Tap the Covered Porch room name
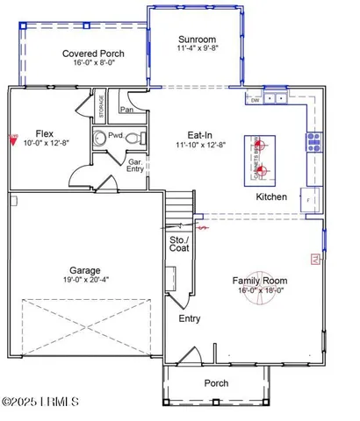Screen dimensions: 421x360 pyautogui.click(x=92, y=54)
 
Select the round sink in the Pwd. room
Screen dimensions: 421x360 pyautogui.click(x=101, y=137)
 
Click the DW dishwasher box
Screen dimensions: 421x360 pyautogui.click(x=255, y=99)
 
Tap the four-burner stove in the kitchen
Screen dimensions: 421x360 pyautogui.click(x=313, y=141)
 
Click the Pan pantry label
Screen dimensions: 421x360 pyautogui.click(x=127, y=111)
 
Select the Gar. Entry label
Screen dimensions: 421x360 pyautogui.click(x=136, y=167)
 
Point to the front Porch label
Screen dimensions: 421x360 pyautogui.click(x=216, y=383)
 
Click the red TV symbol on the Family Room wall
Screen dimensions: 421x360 pyautogui.click(x=316, y=258)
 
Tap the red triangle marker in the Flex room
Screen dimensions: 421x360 pyautogui.click(x=13, y=139)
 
